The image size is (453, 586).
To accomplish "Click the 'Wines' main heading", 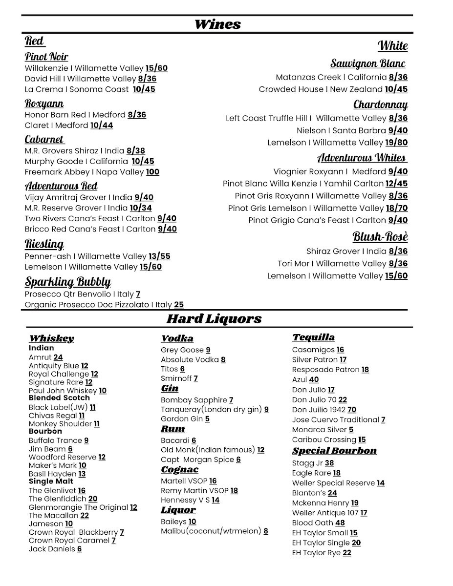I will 217,24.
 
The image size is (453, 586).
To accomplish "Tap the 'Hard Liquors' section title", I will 214,319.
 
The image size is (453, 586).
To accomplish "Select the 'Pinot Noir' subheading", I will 46,57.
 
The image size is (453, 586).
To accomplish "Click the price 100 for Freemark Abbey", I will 152,172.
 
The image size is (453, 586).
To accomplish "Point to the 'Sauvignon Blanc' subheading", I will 367,63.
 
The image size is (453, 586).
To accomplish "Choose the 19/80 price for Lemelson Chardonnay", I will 396,143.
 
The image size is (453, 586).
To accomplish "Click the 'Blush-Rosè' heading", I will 380,237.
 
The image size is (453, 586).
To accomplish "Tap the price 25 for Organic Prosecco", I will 179,305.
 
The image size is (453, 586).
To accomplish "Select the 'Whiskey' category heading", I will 51,338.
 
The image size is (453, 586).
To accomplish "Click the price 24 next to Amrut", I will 58,357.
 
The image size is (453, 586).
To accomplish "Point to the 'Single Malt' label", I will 51,481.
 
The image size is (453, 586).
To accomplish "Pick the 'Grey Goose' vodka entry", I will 182,350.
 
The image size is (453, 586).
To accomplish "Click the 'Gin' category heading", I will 170,389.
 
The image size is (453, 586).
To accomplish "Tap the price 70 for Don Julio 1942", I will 352,410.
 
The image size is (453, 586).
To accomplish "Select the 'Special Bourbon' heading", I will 334,451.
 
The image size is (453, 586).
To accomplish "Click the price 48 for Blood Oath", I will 340,523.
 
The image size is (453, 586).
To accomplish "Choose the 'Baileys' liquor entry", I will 174,522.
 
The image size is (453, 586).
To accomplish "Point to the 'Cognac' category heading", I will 179,470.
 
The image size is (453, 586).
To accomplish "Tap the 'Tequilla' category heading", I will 313,337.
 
